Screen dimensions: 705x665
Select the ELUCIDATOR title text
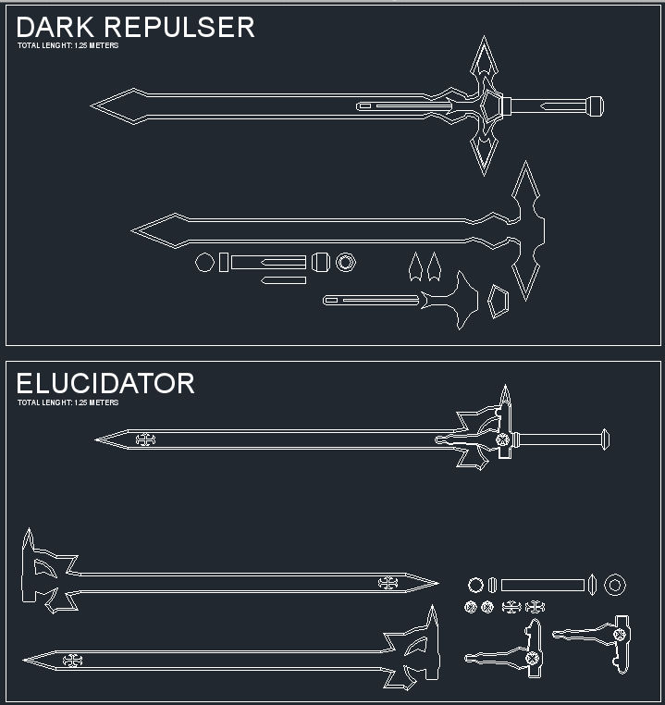coord(105,383)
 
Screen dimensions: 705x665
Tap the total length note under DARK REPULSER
coord(68,45)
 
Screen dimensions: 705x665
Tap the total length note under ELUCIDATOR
coord(68,402)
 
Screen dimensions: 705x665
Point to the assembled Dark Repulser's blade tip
coord(95,105)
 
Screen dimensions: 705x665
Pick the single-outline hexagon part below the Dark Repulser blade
coord(204,263)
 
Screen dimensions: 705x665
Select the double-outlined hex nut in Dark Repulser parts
coord(345,263)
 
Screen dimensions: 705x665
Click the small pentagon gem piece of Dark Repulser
coord(498,302)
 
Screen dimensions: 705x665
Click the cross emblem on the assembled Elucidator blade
coord(145,439)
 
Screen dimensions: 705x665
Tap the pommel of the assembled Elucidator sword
coord(605,439)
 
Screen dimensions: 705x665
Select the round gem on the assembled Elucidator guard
coord(502,439)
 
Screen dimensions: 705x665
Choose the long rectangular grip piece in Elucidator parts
coord(542,585)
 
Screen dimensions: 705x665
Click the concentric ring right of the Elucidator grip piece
coord(614,585)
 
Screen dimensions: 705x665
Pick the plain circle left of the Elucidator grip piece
coord(475,585)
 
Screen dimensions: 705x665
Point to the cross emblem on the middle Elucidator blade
coord(388,583)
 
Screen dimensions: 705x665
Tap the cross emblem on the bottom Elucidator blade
coord(72,660)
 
